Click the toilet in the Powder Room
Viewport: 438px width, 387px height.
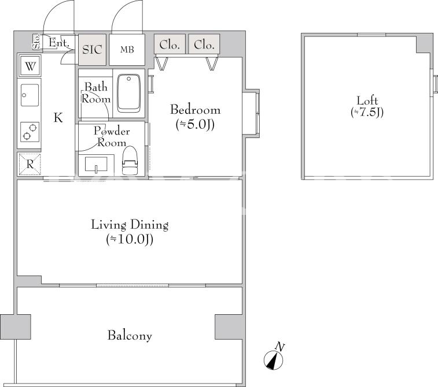tap(130, 161)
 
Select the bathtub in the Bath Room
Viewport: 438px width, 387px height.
tap(128, 93)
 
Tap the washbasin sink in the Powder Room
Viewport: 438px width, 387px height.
tap(96, 165)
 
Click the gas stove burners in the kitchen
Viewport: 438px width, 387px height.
tap(30, 132)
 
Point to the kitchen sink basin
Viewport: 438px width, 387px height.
tap(30, 95)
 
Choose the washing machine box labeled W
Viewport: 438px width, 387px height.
tap(30, 66)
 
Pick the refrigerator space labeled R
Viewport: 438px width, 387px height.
tap(30, 165)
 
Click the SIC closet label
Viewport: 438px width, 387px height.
tap(92, 50)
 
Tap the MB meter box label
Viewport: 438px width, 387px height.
tap(127, 50)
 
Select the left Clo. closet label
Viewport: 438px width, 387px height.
tap(170, 44)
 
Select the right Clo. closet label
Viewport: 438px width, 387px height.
tap(204, 44)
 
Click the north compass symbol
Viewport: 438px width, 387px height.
tap(274, 360)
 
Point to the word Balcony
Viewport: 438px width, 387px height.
tap(130, 336)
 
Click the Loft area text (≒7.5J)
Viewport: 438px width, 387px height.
tap(367, 113)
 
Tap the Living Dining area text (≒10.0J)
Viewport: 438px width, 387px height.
tap(130, 240)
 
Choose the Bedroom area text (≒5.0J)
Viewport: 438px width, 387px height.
tap(195, 125)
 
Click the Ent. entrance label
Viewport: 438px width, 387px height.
tap(59, 43)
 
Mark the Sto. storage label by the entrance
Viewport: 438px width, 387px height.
tap(36, 42)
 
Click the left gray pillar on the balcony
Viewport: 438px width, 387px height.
tap(16, 327)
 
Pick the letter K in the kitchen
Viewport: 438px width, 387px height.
tap(58, 118)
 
